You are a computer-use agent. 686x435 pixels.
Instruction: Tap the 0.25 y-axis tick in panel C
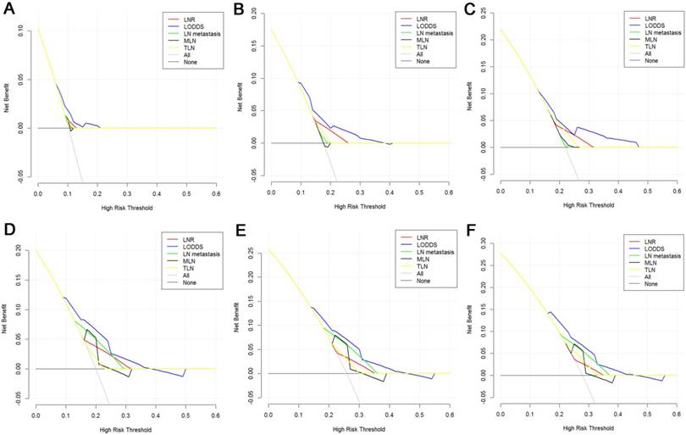483,14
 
